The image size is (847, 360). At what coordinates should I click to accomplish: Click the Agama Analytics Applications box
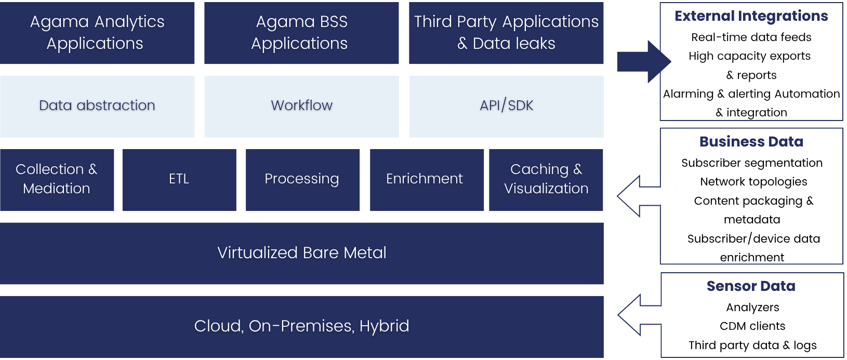click(97, 33)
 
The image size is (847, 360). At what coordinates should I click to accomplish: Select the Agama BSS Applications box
click(301, 33)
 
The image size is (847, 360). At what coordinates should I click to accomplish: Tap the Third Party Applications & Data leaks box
click(506, 33)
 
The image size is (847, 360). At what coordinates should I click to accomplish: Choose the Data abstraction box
click(97, 106)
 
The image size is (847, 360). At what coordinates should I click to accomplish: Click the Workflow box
click(301, 106)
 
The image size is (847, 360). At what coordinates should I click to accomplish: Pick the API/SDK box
click(506, 106)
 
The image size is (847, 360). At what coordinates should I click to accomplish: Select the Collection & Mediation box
click(57, 180)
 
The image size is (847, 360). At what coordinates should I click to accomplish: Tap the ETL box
click(179, 180)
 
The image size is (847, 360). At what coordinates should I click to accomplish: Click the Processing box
click(302, 180)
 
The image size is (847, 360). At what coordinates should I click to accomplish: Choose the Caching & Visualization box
click(546, 180)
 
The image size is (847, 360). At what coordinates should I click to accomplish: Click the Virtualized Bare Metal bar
click(301, 253)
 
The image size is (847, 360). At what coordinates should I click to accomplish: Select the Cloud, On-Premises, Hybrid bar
click(301, 326)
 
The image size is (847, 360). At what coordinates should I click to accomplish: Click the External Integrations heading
click(751, 16)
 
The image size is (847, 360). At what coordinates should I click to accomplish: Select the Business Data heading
click(751, 142)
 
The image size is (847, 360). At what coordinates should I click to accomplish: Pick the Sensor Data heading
click(751, 286)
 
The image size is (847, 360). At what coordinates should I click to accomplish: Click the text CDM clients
click(752, 326)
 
